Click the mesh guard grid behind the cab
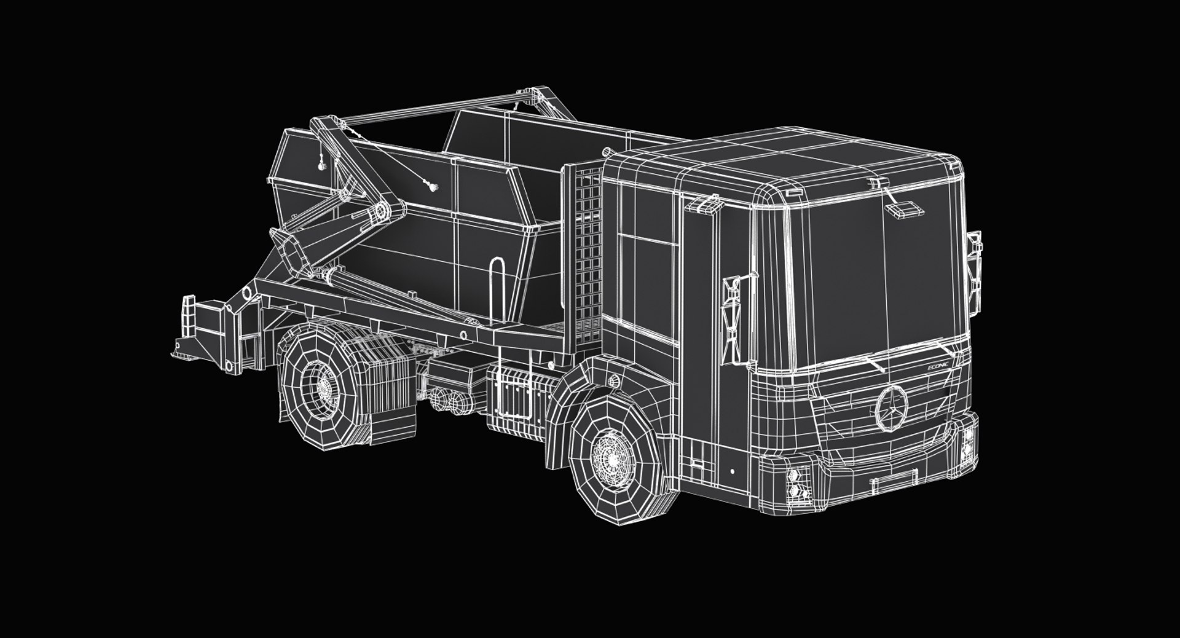588,246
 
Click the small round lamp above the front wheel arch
613,380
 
